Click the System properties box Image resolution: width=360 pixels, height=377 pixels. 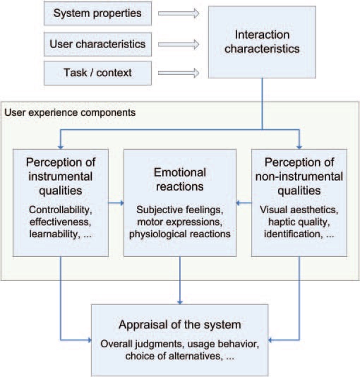[97, 13]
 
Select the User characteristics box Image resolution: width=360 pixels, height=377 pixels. [97, 44]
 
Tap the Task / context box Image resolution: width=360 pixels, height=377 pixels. [97, 73]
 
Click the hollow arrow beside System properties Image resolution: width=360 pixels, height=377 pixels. [179, 13]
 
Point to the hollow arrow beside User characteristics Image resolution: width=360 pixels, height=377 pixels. [179, 44]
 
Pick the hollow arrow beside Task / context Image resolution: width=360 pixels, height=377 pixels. [179, 73]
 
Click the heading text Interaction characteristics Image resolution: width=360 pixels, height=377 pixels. [262, 42]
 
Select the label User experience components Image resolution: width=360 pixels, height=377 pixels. [70, 112]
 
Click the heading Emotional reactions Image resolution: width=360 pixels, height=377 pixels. [180, 179]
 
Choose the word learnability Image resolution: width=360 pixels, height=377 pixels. [54, 234]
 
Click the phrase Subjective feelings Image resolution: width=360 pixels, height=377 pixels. [180, 210]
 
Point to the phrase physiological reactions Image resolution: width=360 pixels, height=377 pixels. [180, 234]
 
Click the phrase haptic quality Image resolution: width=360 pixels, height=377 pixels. [299, 222]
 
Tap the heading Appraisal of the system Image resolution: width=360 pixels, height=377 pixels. [180, 325]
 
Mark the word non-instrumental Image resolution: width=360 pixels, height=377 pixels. [299, 176]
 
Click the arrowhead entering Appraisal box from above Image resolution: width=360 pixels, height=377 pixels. [180, 302]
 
